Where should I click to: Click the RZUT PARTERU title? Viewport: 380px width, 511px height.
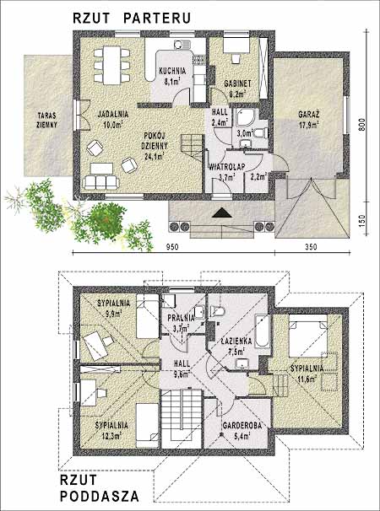coord(132,19)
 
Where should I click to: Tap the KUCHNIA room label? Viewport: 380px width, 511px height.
coord(172,71)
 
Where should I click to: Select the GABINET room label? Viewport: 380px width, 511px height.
coord(237,83)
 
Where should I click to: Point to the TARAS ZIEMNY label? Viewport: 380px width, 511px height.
coord(47,120)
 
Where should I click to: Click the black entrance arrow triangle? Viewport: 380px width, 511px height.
coord(222,212)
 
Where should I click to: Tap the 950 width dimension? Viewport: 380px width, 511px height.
coord(172,247)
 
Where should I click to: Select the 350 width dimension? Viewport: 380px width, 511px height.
coord(311,247)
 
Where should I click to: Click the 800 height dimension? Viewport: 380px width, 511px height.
coord(361,124)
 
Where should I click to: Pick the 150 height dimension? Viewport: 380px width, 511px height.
coord(361,221)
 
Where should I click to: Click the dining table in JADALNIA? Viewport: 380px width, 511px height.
coord(112,65)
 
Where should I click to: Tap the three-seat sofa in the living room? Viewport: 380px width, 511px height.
coord(100,182)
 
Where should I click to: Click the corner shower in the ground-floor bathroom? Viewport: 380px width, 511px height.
coord(245,116)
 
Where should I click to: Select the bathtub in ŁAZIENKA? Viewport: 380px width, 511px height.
coord(262,331)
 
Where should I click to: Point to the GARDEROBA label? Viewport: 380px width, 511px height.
coord(242,425)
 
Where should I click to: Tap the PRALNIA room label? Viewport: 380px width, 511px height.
coord(182,318)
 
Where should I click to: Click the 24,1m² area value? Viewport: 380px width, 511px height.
coord(155,156)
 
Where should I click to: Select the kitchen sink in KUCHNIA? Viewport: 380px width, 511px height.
coord(182,44)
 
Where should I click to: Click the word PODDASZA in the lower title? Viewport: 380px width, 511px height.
coord(100,497)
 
